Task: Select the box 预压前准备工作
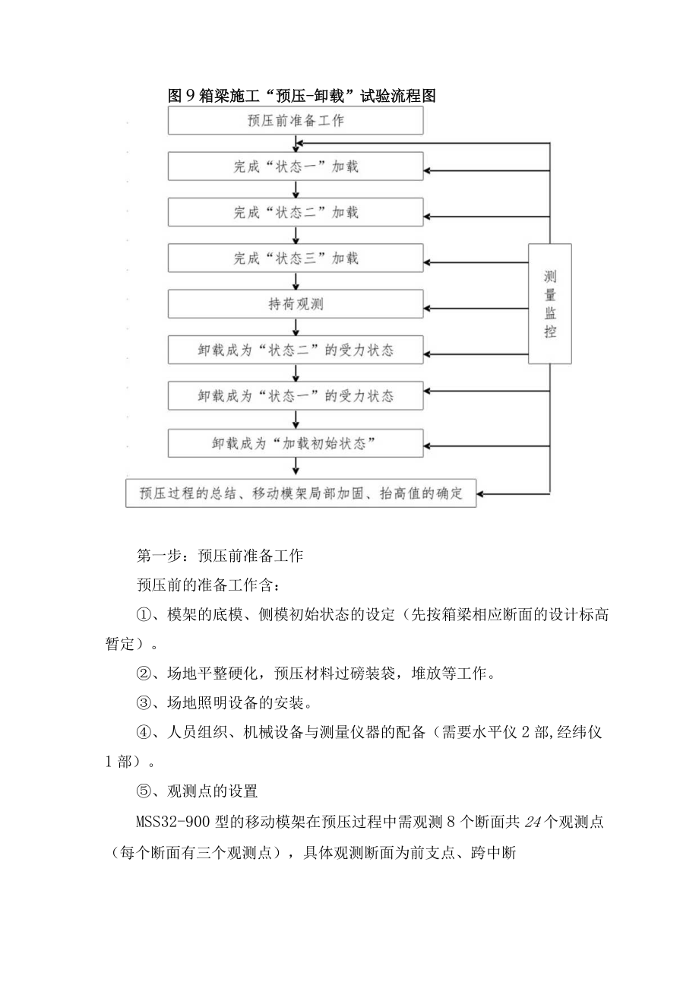[296, 121]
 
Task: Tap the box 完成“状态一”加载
[296, 166]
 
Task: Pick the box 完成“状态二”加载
[296, 212]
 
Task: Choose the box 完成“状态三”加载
[296, 258]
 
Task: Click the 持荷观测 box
[296, 305]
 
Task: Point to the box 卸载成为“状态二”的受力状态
[296, 350]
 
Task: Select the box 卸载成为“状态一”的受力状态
[296, 396]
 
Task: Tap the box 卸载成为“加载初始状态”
[296, 442]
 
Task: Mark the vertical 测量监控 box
[549, 304]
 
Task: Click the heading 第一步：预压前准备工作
[220, 556]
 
